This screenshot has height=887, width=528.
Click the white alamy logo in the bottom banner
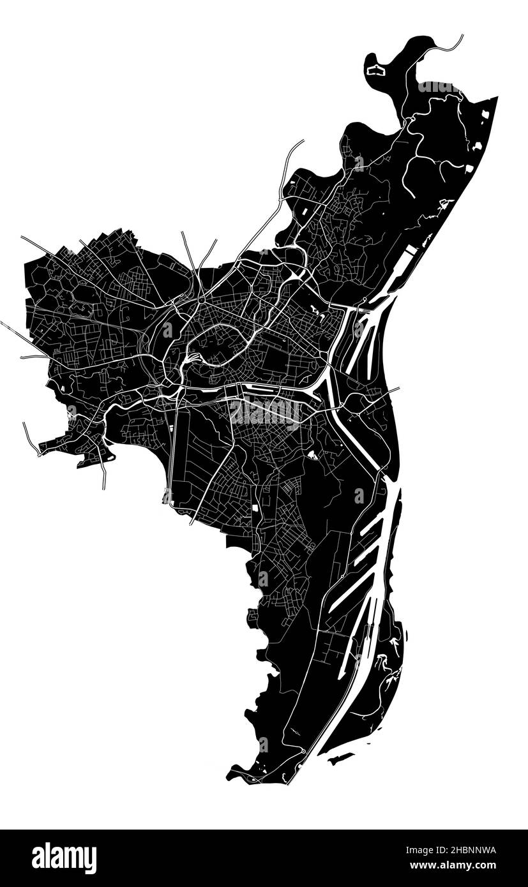(x=64, y=858)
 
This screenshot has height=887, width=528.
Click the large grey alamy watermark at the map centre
(x=266, y=412)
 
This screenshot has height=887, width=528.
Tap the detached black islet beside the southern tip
(x=340, y=758)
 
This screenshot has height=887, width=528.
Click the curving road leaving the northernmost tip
(x=447, y=47)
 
